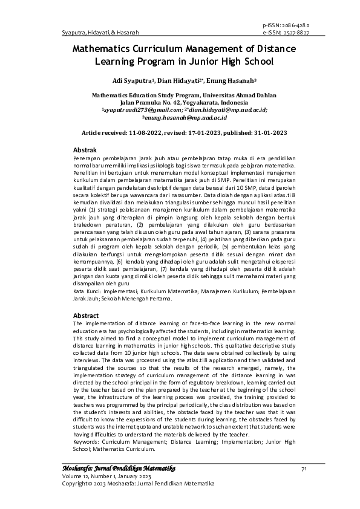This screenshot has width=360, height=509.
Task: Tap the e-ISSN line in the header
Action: [286, 33]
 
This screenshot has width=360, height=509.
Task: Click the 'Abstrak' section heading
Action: [85, 149]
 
